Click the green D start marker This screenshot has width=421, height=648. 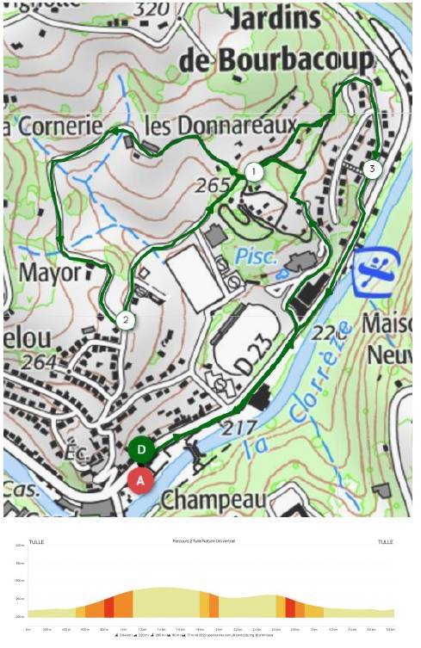click(x=142, y=449)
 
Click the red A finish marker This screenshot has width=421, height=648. click(x=141, y=479)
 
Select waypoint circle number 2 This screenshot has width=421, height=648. click(x=126, y=320)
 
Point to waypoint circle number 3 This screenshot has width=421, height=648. click(x=371, y=169)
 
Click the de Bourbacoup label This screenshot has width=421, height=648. click(x=277, y=59)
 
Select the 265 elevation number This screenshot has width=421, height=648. click(x=214, y=185)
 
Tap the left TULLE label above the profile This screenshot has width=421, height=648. click(x=35, y=542)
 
